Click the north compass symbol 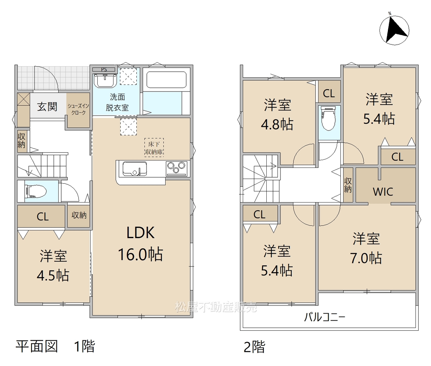click(394, 30)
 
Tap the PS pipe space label click(104, 70)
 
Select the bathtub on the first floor click(166, 80)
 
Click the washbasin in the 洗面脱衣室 click(105, 81)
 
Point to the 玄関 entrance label click(47, 107)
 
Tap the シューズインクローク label click(78, 109)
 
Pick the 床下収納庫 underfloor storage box click(154, 147)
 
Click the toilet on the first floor click(35, 191)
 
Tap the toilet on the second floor click(329, 118)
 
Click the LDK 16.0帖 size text click(140, 244)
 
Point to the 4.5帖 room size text click(53, 276)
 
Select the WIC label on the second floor click(383, 192)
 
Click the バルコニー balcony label click(325, 317)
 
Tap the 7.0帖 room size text click(366, 258)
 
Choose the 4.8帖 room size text click(277, 124)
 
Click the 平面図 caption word click(37, 346)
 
